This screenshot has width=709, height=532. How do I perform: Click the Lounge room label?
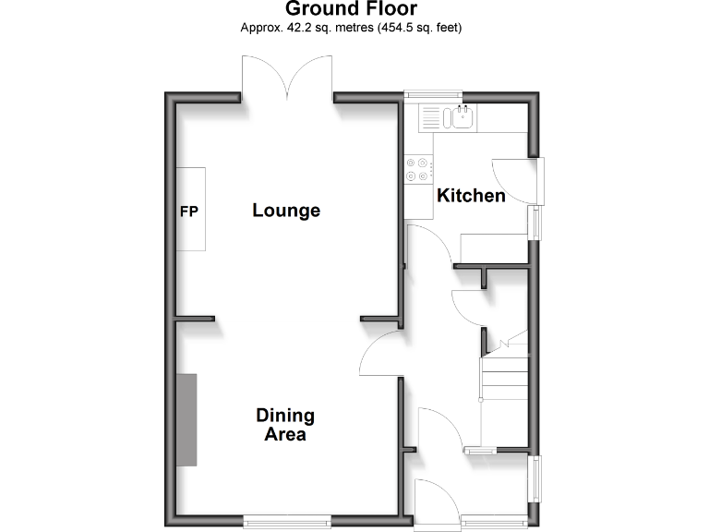coord(286,211)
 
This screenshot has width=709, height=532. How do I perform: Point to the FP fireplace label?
coord(189,211)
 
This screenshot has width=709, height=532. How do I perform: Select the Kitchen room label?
coord(471,196)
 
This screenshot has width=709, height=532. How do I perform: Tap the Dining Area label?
coord(285,425)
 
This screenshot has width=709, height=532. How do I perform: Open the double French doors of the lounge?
coord(288,78)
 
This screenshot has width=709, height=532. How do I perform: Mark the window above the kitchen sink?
coord(433,92)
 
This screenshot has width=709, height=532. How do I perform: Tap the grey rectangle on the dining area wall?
coord(187,419)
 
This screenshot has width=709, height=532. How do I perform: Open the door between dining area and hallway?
coord(380,356)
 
